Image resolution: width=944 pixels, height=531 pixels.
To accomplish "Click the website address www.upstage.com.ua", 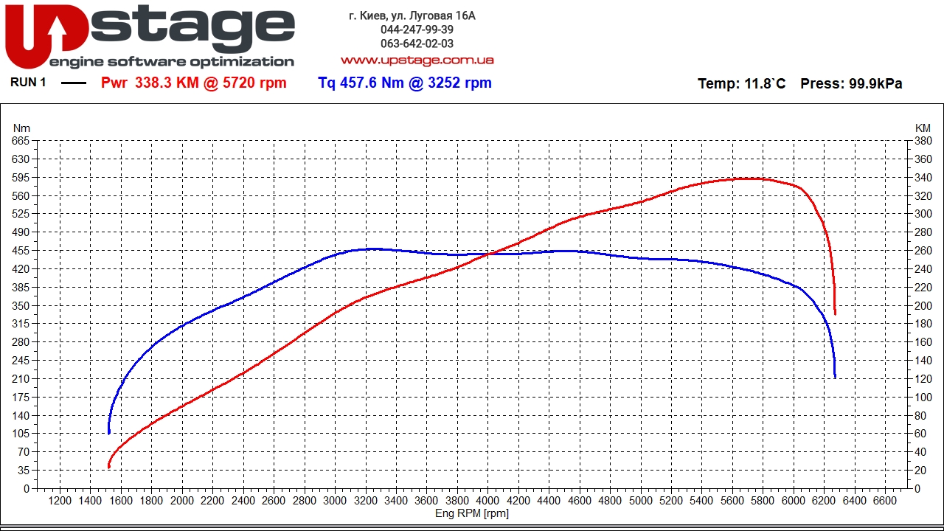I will [417, 60].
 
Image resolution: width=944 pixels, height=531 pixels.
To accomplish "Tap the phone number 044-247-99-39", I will [417, 29].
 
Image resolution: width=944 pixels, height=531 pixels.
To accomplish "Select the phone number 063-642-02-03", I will [417, 44].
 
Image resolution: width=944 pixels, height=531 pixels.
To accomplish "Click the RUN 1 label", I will [28, 83].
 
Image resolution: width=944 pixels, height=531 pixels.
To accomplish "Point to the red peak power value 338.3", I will [153, 83].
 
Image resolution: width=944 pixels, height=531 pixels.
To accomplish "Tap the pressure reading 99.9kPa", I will [875, 83].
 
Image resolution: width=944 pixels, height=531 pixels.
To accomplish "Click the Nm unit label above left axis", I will [21, 128].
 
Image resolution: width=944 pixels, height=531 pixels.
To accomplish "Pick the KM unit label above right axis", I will [923, 128].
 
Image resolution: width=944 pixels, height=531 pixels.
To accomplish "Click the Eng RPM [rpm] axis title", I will [472, 513].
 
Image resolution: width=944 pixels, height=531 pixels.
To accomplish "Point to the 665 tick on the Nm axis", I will [21, 141].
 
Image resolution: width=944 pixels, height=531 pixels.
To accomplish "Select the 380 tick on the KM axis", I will [923, 141].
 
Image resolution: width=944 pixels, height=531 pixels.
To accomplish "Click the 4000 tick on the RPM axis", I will [487, 501].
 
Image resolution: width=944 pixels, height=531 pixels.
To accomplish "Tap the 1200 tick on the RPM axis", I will [60, 501].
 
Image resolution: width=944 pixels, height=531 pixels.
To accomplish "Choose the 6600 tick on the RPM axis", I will [884, 501].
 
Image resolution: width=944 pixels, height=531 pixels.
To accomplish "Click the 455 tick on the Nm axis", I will [21, 251].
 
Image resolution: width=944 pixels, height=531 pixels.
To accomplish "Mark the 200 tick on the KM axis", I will [923, 305].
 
